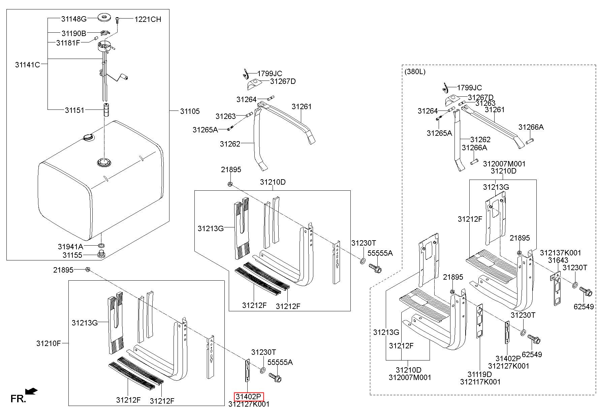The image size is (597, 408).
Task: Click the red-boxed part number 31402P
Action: pyautogui.click(x=249, y=397)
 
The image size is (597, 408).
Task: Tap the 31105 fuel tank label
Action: pyautogui.click(x=190, y=111)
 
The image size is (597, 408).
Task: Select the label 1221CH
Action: pyautogui.click(x=148, y=19)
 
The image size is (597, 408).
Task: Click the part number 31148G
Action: pyautogui.click(x=74, y=19)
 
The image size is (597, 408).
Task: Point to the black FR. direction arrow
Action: pyautogui.click(x=32, y=391)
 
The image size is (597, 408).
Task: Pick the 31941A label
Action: pyautogui.click(x=70, y=246)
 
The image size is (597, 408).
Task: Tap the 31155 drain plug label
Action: pyautogui.click(x=72, y=255)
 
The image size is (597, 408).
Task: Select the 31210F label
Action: pyautogui.click(x=49, y=343)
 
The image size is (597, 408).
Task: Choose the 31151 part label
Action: pyautogui.click(x=74, y=110)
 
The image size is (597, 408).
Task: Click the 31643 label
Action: pyautogui.click(x=558, y=260)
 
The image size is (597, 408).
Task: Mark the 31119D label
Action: pyautogui.click(x=479, y=374)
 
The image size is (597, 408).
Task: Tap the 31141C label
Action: pyautogui.click(x=27, y=64)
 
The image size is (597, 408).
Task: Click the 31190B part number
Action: pyautogui.click(x=74, y=33)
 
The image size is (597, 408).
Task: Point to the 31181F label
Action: pyautogui.click(x=68, y=43)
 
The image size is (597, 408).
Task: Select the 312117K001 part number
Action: pyautogui.click(x=480, y=382)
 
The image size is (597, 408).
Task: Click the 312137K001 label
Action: pyautogui.click(x=561, y=253)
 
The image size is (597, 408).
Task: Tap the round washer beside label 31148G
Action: pyautogui.click(x=104, y=17)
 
